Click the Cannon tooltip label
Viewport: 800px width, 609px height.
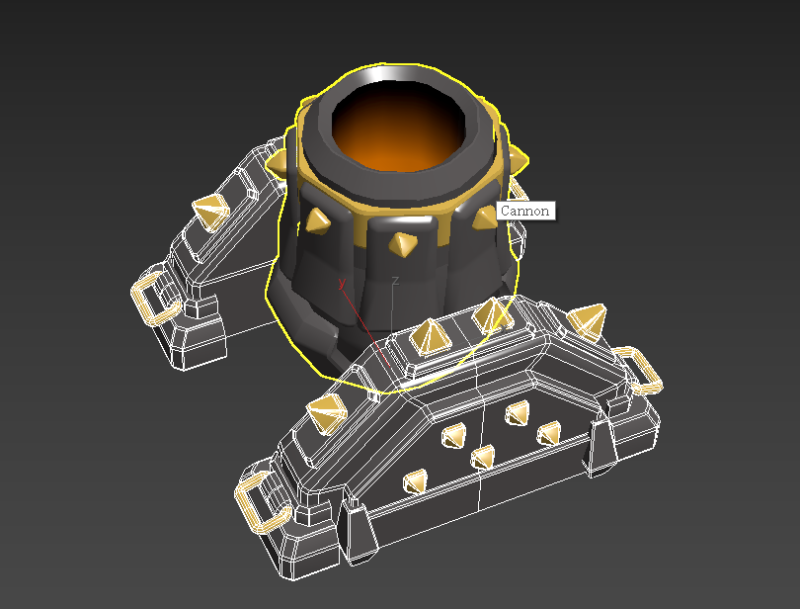[525, 211]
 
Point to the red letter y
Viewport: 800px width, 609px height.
[342, 283]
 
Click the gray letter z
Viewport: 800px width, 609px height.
[395, 281]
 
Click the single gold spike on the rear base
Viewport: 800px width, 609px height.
[211, 212]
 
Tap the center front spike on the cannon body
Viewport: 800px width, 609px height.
[403, 244]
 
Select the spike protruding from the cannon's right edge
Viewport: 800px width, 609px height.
[519, 158]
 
